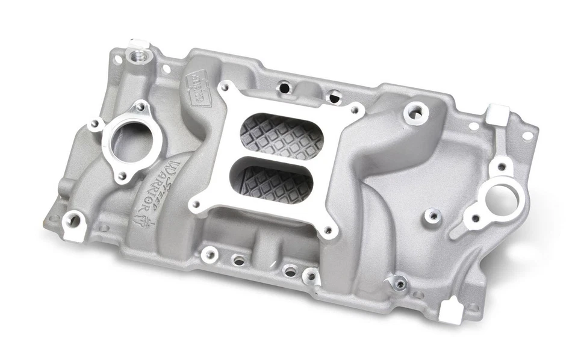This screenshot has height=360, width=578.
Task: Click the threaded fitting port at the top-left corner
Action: pos(135,58)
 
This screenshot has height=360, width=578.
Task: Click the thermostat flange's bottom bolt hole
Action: pos(122,176)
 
